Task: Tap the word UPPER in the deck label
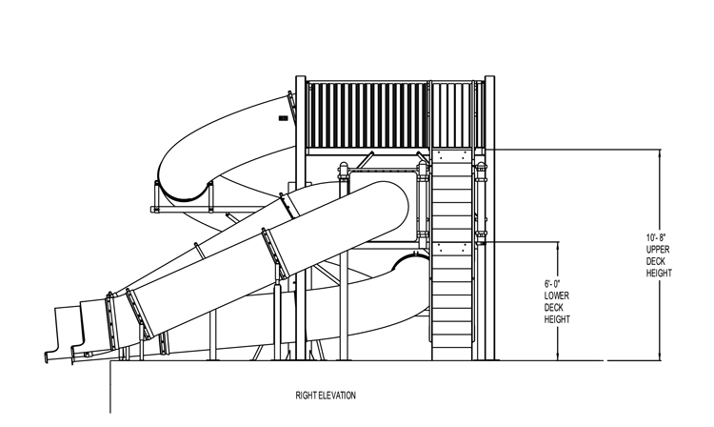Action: click(x=658, y=248)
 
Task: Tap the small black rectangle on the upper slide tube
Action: click(x=283, y=118)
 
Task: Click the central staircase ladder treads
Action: click(x=453, y=257)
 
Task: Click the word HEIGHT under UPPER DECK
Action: click(x=658, y=273)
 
